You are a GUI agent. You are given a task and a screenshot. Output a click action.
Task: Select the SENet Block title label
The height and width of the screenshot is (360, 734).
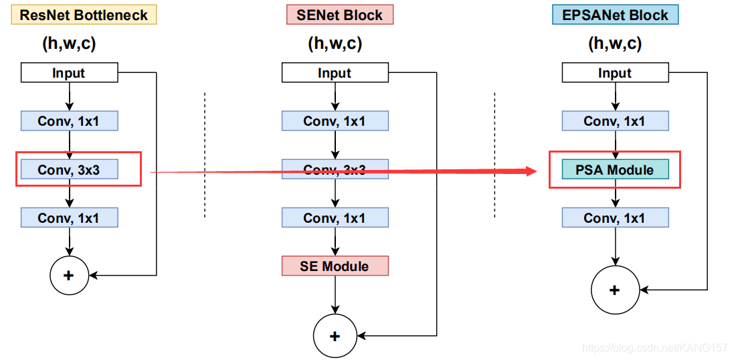click(x=340, y=15)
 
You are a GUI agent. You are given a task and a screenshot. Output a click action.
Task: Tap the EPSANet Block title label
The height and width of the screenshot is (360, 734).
click(x=615, y=15)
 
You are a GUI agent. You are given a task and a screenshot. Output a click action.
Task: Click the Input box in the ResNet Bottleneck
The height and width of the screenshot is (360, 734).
click(x=69, y=73)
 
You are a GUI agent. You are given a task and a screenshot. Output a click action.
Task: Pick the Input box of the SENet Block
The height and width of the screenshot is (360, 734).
click(x=335, y=73)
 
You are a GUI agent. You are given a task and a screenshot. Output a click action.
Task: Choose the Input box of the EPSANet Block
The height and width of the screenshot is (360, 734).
click(x=615, y=73)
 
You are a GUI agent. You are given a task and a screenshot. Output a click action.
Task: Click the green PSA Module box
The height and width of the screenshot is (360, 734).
click(x=615, y=169)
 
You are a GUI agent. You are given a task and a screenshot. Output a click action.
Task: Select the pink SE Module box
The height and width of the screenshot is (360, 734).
click(x=335, y=266)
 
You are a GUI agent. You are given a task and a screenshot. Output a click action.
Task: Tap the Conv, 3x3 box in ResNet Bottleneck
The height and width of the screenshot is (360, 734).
click(x=69, y=169)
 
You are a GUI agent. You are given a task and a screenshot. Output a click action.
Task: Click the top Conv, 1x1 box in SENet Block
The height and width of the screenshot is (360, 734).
click(x=335, y=120)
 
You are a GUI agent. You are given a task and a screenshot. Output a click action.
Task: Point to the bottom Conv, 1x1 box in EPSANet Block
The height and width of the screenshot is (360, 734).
click(x=615, y=217)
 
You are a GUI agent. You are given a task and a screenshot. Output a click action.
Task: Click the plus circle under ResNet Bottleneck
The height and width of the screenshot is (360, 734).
click(x=69, y=275)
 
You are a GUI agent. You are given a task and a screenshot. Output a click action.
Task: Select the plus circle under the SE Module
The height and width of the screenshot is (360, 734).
click(x=335, y=336)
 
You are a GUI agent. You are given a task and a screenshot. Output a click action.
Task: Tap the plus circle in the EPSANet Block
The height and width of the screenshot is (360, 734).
click(x=615, y=290)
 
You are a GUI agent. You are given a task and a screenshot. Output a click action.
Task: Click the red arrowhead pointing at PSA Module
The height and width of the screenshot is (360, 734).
click(x=531, y=171)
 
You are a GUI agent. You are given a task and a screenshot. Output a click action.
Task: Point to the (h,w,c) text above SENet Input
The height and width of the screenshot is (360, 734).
click(x=335, y=44)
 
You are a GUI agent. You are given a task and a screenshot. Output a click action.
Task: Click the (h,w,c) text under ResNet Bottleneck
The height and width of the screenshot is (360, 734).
click(x=70, y=44)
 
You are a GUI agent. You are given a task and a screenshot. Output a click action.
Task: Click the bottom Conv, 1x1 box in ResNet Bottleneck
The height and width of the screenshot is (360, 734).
click(x=69, y=217)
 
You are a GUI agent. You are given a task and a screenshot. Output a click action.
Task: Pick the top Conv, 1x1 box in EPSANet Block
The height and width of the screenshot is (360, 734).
click(x=615, y=120)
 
